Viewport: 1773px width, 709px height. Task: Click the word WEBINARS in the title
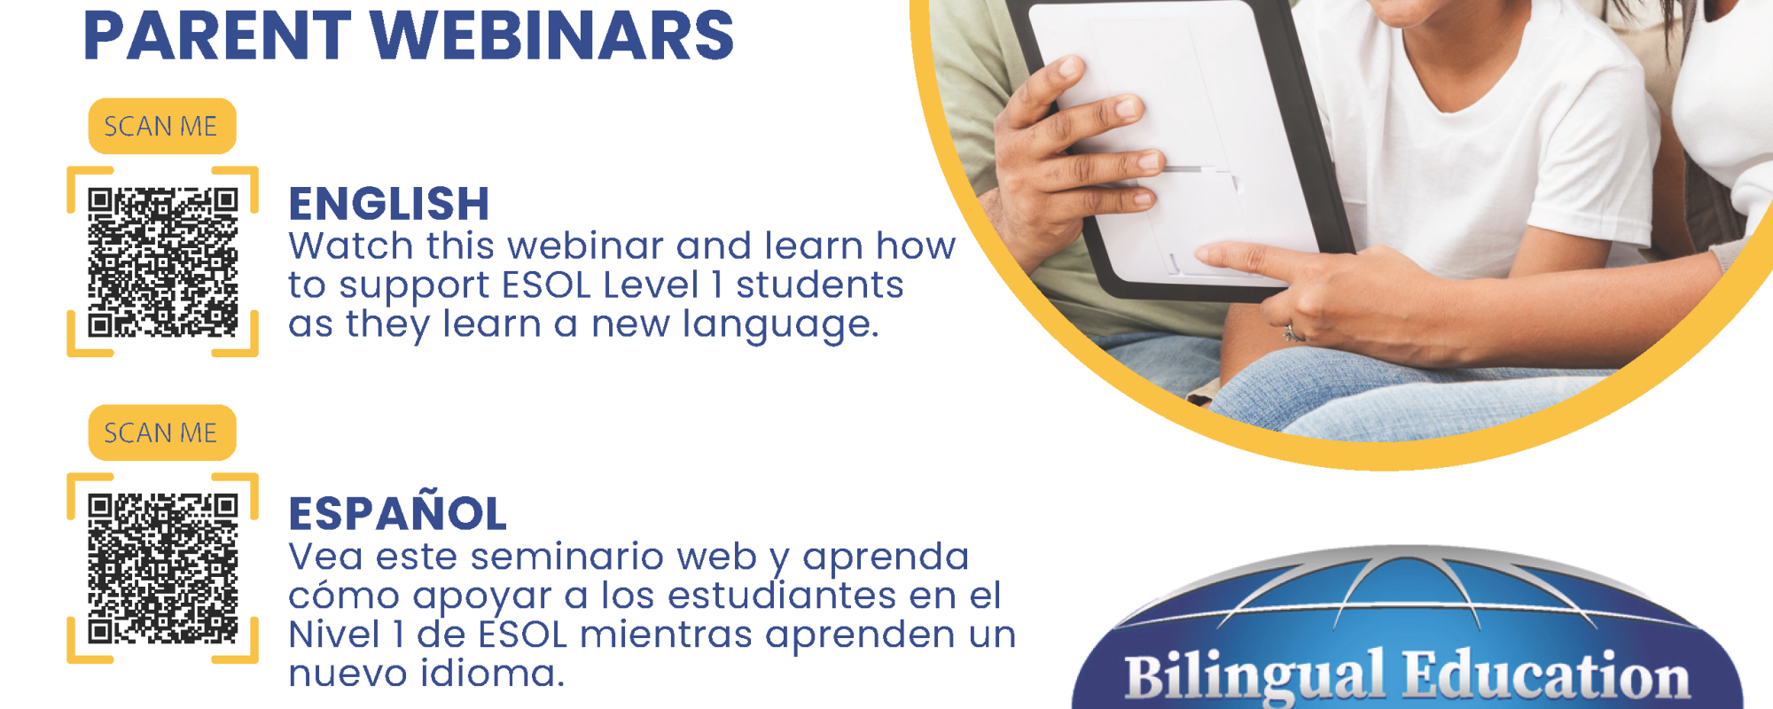(552, 35)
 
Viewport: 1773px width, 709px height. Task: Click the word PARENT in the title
(217, 35)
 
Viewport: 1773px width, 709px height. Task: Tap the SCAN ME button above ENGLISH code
(162, 126)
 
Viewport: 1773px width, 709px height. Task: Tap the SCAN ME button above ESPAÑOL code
(162, 432)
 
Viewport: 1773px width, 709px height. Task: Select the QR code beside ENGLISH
(163, 262)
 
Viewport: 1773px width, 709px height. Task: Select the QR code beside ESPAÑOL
(163, 568)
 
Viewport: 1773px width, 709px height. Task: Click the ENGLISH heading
(389, 204)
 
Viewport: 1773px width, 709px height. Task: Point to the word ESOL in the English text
(546, 285)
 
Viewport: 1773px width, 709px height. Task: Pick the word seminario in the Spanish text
(567, 557)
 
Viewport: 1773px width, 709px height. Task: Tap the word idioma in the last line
(492, 674)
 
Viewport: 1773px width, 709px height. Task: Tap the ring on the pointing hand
(1293, 334)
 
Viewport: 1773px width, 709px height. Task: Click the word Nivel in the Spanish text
(333, 635)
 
